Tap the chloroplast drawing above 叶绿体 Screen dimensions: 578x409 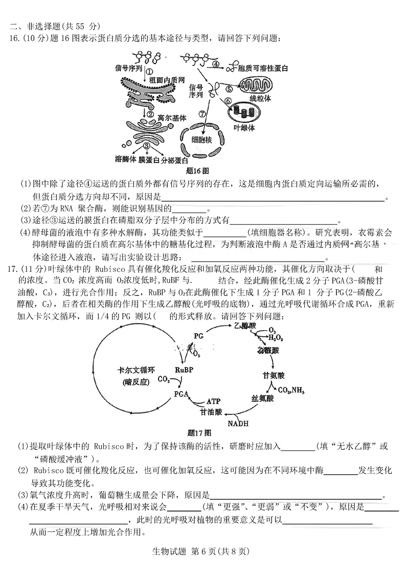click(244, 111)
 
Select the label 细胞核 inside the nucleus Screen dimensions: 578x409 click(202, 139)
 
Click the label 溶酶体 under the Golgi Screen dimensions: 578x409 click(126, 159)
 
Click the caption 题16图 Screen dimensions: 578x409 click(197, 170)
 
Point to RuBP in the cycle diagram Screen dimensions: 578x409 click(184, 369)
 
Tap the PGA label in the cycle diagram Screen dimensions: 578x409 click(181, 394)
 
